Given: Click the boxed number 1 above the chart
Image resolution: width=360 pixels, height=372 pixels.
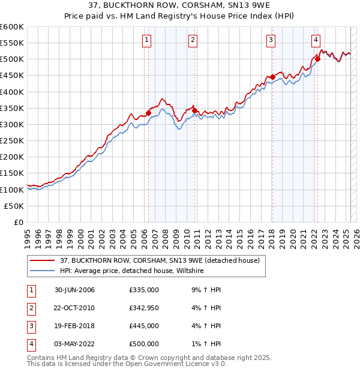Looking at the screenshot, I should (147, 40).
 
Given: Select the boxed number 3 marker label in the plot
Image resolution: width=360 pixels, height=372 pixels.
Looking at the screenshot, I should (271, 40).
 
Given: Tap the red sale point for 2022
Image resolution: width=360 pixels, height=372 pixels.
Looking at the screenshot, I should (317, 59).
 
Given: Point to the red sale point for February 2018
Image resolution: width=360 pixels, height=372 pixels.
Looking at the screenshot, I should (272, 77).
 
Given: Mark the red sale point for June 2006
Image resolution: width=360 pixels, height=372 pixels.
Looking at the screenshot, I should (148, 113).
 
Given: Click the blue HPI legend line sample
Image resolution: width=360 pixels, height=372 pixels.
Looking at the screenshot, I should (42, 271).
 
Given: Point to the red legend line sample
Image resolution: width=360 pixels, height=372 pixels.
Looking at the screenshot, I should (42, 260).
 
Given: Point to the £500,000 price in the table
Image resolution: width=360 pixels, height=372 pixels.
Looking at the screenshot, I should (144, 344).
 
